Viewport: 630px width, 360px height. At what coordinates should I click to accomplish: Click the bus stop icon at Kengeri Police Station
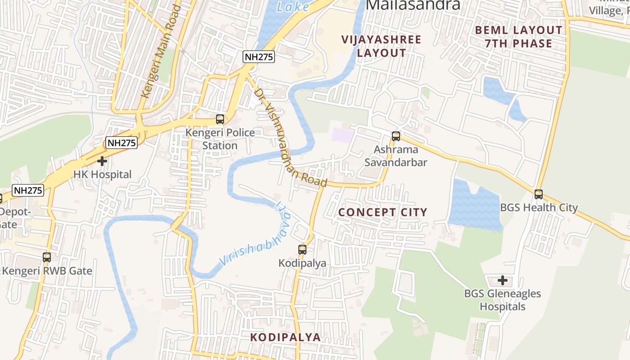220,119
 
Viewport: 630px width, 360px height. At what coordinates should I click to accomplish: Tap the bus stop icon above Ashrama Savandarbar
396,136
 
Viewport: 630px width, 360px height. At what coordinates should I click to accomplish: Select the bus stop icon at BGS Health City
539,194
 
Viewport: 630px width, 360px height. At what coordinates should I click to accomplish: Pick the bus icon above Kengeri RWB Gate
47,257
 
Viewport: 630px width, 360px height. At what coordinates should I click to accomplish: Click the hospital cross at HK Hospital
102,161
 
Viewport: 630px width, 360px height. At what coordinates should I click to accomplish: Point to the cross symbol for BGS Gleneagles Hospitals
503,280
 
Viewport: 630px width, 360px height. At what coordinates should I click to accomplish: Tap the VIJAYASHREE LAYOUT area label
381,46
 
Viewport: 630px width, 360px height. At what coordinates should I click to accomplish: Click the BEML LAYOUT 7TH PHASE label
518,37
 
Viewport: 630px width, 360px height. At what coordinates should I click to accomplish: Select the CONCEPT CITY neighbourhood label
382,212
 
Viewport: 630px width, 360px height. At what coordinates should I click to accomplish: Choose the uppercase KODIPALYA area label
285,337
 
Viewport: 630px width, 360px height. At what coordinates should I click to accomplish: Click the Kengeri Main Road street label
161,52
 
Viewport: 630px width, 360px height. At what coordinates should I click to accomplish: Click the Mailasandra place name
414,4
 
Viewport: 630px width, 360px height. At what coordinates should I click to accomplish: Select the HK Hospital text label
103,175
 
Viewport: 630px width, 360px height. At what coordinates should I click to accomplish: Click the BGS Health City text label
539,207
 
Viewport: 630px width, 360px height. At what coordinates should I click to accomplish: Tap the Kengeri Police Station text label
220,139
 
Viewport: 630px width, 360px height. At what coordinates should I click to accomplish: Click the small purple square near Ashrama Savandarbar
343,135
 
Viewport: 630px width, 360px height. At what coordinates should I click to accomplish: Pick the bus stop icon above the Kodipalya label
302,249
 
